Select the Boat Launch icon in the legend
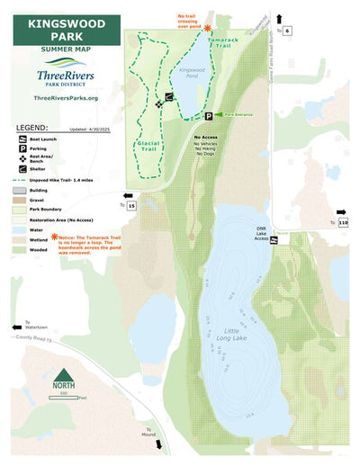[x=20, y=140]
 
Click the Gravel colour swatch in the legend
[x=20, y=200]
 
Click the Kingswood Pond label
[x=193, y=73]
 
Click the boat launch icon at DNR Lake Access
[x=274, y=240]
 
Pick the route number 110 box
[x=342, y=222]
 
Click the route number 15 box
[x=131, y=206]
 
